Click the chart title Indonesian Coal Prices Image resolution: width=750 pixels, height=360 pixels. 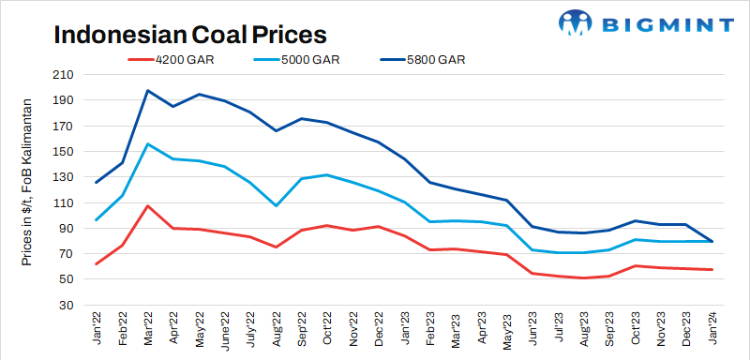[189, 35]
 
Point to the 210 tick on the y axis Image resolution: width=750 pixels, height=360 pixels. [63, 75]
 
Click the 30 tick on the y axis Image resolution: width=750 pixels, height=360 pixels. [66, 305]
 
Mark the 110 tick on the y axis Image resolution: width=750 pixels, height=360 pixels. [63, 202]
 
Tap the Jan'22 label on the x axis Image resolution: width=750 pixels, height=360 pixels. [97, 328]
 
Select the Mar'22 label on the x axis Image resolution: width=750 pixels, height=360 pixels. [149, 328]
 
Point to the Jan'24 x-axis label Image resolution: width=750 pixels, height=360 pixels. [712, 328]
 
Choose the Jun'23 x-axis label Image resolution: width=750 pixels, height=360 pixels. [534, 328]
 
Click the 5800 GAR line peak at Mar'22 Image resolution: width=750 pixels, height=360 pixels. [148, 91]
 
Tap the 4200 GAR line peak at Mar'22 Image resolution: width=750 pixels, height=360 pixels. [148, 205]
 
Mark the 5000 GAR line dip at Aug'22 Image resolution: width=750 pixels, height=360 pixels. [276, 205]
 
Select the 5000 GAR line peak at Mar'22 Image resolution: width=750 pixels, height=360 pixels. [148, 143]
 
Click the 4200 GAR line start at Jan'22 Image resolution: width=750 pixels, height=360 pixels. [97, 263]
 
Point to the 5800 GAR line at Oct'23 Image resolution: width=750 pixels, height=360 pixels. [636, 221]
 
